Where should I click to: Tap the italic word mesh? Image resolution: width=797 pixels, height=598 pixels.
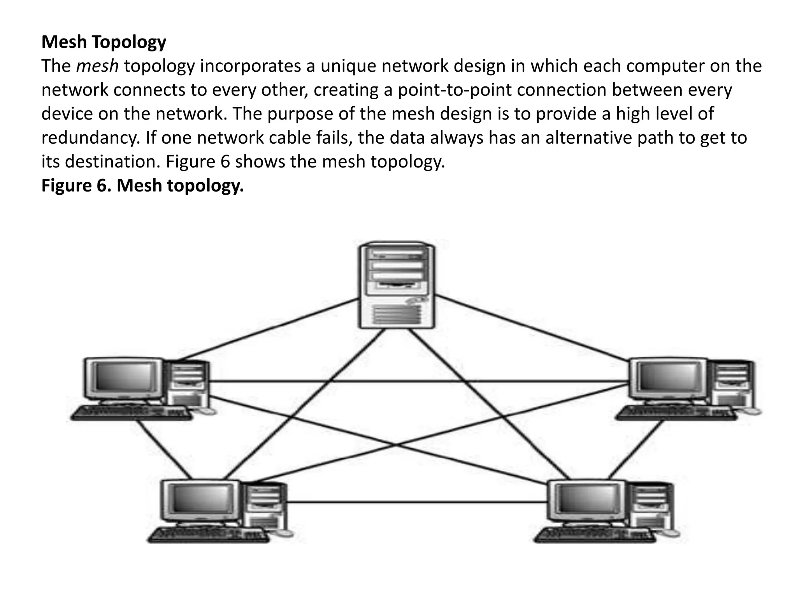(x=97, y=66)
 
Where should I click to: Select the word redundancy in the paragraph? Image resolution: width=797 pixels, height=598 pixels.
(x=90, y=138)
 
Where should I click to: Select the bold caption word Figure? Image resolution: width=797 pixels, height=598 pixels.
(x=66, y=186)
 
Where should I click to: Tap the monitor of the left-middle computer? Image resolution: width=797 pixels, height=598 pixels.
(x=124, y=378)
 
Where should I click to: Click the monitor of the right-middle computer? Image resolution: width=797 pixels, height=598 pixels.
(x=668, y=378)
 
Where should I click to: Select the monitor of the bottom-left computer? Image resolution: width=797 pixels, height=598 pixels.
(x=201, y=500)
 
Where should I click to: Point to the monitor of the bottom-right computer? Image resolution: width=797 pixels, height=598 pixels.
(x=587, y=500)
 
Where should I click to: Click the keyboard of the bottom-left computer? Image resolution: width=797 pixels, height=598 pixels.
(x=209, y=535)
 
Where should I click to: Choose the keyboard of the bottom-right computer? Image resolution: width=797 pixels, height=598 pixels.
(x=595, y=535)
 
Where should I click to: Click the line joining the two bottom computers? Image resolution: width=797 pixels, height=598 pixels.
(x=416, y=502)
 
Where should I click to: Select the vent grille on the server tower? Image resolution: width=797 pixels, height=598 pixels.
(x=397, y=315)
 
